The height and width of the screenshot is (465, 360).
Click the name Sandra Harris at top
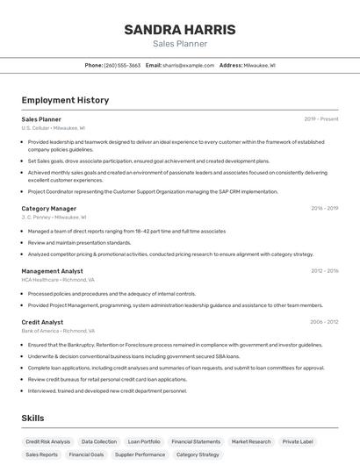[x=180, y=30]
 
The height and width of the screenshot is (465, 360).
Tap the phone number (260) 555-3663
[x=122, y=65]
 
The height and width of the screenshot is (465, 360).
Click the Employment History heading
[x=65, y=100]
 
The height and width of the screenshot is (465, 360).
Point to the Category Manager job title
[x=49, y=209]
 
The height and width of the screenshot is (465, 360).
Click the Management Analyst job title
[x=53, y=271]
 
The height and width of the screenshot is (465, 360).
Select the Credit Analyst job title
[x=43, y=322]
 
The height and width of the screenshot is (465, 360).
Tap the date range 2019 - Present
[x=321, y=118]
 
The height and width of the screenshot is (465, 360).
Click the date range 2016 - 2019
[x=324, y=209]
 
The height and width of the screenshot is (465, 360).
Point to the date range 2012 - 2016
[x=324, y=271]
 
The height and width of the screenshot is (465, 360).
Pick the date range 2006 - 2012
[x=324, y=322]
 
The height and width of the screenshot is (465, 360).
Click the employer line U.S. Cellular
[x=53, y=128]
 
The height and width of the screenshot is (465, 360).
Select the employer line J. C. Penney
[x=54, y=218]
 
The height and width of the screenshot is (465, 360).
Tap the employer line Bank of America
[x=57, y=331]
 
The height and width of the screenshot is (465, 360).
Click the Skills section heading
[x=33, y=418]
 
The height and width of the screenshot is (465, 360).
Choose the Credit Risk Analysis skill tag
[x=47, y=441]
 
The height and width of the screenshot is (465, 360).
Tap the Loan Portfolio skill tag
[x=144, y=441]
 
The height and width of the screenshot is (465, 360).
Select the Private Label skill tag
[x=298, y=441]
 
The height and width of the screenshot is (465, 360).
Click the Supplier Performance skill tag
[x=139, y=454]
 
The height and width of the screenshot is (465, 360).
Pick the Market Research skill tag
[x=251, y=441]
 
